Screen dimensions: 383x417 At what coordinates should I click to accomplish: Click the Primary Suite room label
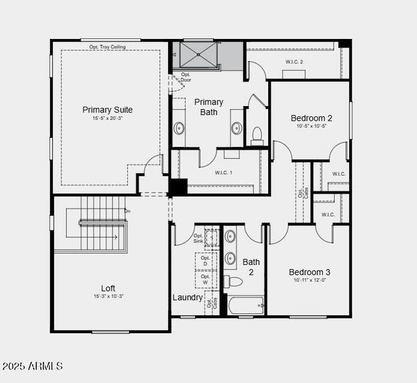(x=107, y=110)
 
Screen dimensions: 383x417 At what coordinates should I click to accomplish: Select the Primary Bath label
(x=209, y=107)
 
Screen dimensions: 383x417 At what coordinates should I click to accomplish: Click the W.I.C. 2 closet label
(x=294, y=61)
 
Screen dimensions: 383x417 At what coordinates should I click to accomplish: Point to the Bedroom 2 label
(x=311, y=118)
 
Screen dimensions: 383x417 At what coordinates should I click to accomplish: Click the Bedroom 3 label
(x=309, y=272)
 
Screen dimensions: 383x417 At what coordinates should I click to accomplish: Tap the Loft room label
(x=108, y=288)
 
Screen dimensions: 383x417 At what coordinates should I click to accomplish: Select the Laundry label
(x=188, y=297)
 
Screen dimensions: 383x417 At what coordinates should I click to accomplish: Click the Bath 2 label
(x=251, y=267)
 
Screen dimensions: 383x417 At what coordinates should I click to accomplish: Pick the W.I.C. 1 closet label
(x=223, y=172)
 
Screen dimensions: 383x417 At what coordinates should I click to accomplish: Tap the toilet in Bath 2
(x=234, y=282)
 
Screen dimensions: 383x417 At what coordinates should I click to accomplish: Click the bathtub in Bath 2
(x=245, y=306)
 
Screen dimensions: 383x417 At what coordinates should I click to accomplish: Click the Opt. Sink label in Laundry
(x=198, y=238)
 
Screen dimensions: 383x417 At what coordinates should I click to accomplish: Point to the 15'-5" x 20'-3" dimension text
(x=107, y=119)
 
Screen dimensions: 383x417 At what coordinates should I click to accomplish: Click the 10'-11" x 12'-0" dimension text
(x=309, y=280)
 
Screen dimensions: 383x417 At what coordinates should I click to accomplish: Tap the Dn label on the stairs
(x=127, y=211)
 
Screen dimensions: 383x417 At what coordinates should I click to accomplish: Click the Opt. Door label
(x=186, y=77)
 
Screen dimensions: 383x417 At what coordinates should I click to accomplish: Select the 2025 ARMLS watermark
(x=33, y=366)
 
